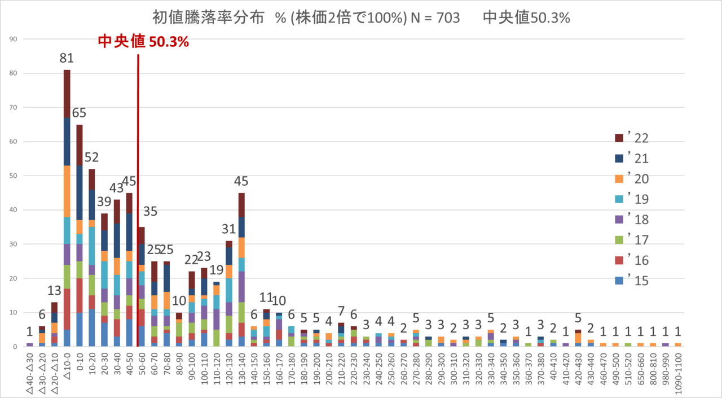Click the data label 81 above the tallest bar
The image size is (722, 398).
coord(67,58)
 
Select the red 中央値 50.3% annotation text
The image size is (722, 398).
coord(143,42)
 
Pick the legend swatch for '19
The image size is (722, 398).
coord(619,199)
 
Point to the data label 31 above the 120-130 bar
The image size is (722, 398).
coord(229,229)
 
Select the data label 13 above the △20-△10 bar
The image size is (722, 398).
coord(55,291)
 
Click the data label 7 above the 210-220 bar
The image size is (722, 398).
coord(341,311)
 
